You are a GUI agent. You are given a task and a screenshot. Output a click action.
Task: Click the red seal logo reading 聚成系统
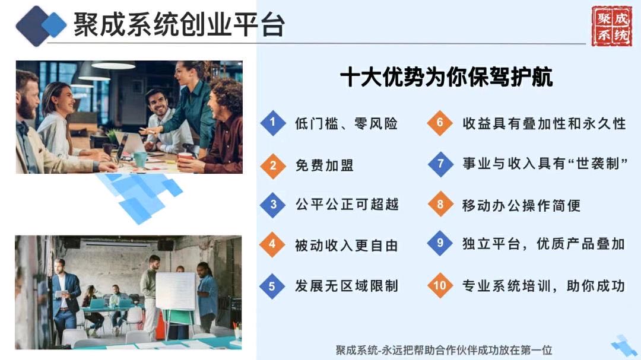(611, 26)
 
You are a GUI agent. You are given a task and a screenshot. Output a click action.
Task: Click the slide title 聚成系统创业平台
(179, 24)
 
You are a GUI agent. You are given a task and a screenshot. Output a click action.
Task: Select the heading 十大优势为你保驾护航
(446, 77)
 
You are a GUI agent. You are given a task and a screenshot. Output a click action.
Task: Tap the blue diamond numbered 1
(273, 123)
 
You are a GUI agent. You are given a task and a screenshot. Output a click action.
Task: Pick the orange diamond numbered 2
(273, 166)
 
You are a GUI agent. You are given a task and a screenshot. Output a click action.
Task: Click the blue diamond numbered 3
(273, 204)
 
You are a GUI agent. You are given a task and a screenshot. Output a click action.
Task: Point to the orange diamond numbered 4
(272, 244)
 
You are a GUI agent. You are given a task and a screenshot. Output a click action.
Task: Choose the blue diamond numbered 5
(272, 286)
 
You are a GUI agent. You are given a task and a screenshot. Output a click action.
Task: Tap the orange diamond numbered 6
(440, 123)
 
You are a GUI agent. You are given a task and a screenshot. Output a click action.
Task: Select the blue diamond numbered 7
(440, 164)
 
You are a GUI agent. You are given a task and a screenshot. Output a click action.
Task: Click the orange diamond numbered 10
(440, 285)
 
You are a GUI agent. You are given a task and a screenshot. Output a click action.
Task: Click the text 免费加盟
(325, 165)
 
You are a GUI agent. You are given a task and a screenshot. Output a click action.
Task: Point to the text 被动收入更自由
(347, 245)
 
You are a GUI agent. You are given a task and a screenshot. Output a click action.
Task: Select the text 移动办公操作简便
(522, 205)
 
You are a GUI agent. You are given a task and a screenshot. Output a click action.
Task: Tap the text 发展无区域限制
(347, 286)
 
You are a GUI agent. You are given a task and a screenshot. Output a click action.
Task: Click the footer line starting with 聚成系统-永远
(444, 350)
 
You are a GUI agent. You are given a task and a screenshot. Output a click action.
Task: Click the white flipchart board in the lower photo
(176, 291)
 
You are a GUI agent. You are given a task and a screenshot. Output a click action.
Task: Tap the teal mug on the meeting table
(140, 159)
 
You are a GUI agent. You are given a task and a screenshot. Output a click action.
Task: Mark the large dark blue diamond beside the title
(35, 26)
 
